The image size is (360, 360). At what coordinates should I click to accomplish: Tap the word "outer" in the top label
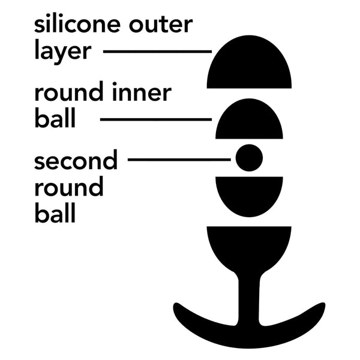coord(161,24)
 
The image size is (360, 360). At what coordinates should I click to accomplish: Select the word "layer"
coord(63,52)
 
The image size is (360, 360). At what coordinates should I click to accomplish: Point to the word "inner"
coord(142,92)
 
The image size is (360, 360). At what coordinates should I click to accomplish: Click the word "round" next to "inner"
coord(69,91)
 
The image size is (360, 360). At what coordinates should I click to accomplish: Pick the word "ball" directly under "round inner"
coord(55,118)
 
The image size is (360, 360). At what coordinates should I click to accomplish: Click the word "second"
coord(76,160)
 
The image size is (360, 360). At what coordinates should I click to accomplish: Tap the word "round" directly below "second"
coord(69,186)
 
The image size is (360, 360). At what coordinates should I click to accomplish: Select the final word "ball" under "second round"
coord(55,212)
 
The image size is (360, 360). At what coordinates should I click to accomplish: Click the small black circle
coord(249,158)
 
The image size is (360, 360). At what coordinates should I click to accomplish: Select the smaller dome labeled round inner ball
coord(249,121)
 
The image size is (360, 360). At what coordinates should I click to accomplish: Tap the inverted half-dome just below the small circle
coord(249,195)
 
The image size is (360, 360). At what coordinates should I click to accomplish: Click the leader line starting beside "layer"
coord(157,52)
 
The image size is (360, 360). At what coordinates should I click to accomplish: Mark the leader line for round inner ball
coord(156,119)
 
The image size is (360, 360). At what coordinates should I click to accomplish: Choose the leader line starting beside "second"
coord(179,160)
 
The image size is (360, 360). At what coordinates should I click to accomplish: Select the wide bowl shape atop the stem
coord(249,248)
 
